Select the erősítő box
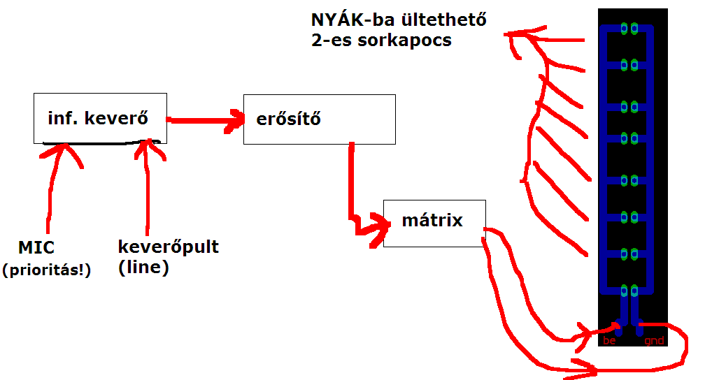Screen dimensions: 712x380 [x=318, y=119]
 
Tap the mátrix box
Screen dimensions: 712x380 [x=433, y=222]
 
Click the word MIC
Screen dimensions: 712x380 [x=36, y=247]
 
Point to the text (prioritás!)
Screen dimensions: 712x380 [x=46, y=270]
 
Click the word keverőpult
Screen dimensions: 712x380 [x=169, y=247]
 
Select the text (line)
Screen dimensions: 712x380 [x=143, y=268]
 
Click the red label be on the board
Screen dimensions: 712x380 [x=608, y=341]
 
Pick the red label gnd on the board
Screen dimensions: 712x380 [x=653, y=341]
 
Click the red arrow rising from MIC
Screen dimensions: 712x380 [x=50, y=189]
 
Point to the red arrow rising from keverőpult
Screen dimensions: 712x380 [x=147, y=189]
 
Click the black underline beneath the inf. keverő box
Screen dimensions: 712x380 [x=98, y=145]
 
